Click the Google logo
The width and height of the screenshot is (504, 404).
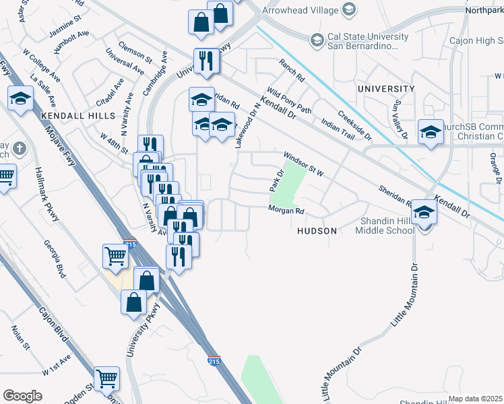pos(22,396)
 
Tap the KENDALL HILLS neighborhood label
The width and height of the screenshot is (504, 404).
pos(78,116)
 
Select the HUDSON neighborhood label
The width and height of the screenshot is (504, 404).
pos(317,230)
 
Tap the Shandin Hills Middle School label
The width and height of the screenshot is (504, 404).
pos(377,226)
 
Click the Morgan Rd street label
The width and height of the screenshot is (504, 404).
pos(286,211)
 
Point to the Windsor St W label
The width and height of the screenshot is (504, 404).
pos(303,164)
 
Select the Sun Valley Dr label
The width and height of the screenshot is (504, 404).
pos(402,119)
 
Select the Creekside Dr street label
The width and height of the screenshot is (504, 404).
pos(355,125)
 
